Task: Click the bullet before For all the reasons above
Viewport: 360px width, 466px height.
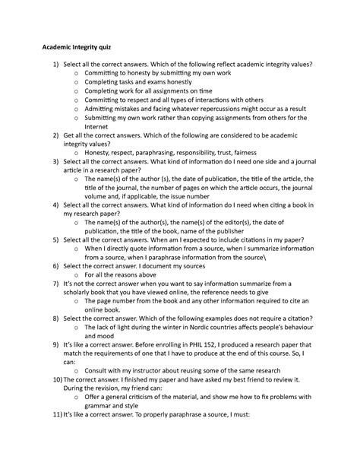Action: [76, 274]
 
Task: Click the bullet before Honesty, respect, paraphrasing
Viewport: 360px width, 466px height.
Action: [76, 151]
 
